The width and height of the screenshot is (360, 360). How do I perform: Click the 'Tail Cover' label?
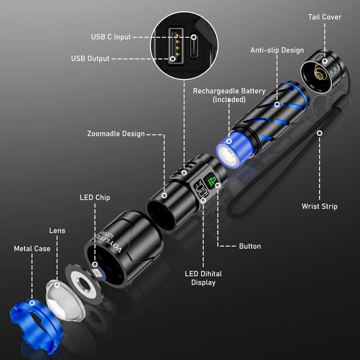(x=325, y=17)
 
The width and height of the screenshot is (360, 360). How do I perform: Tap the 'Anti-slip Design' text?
(x=277, y=50)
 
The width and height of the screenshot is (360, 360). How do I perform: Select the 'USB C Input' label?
(x=111, y=37)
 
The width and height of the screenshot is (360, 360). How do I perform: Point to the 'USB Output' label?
(x=90, y=58)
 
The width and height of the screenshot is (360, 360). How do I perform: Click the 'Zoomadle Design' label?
(x=116, y=134)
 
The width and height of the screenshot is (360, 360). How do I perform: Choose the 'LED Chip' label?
(x=94, y=197)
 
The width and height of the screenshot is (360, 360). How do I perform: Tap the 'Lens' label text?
(x=57, y=231)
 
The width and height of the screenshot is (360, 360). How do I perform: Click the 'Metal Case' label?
(x=32, y=249)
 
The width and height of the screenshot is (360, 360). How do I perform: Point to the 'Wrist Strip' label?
(x=319, y=206)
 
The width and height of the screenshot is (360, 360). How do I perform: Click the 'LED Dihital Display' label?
(x=203, y=278)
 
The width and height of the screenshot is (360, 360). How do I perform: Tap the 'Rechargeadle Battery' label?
(x=229, y=94)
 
